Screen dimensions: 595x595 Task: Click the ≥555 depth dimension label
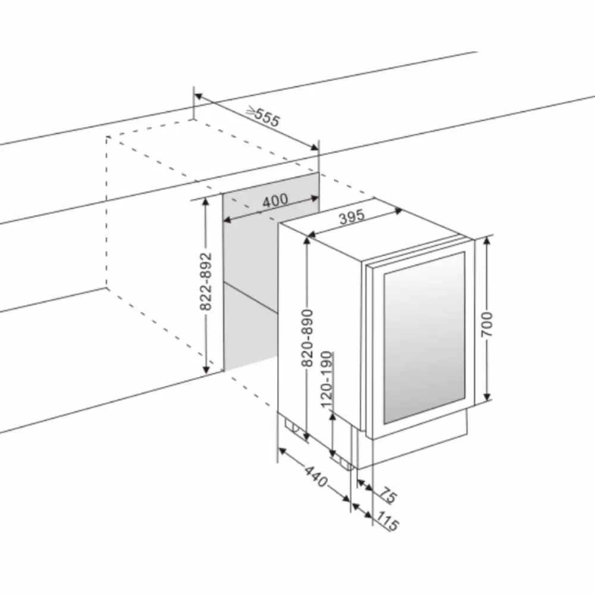point(263,117)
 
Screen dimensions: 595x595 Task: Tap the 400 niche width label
point(275,201)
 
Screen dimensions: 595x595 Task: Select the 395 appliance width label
point(352,217)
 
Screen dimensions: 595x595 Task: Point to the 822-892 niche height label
point(206,281)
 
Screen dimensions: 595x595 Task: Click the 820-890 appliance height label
point(307,338)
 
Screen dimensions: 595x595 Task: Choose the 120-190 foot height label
point(327,380)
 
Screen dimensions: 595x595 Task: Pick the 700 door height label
point(487,324)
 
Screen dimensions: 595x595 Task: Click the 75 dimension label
point(388,496)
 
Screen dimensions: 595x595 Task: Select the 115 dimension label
point(387,521)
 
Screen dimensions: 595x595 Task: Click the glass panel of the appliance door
point(425,337)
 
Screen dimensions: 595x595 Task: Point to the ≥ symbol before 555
point(250,111)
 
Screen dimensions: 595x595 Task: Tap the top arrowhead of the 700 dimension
point(488,241)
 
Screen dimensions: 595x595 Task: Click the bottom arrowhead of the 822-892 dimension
point(206,369)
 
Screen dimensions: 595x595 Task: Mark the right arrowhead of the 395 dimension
point(399,211)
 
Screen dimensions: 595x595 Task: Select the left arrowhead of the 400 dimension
point(227,220)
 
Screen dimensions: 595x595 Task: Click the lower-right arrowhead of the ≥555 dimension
point(315,147)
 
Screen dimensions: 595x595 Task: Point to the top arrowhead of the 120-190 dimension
point(333,417)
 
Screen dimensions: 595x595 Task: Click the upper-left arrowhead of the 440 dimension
point(282,450)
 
